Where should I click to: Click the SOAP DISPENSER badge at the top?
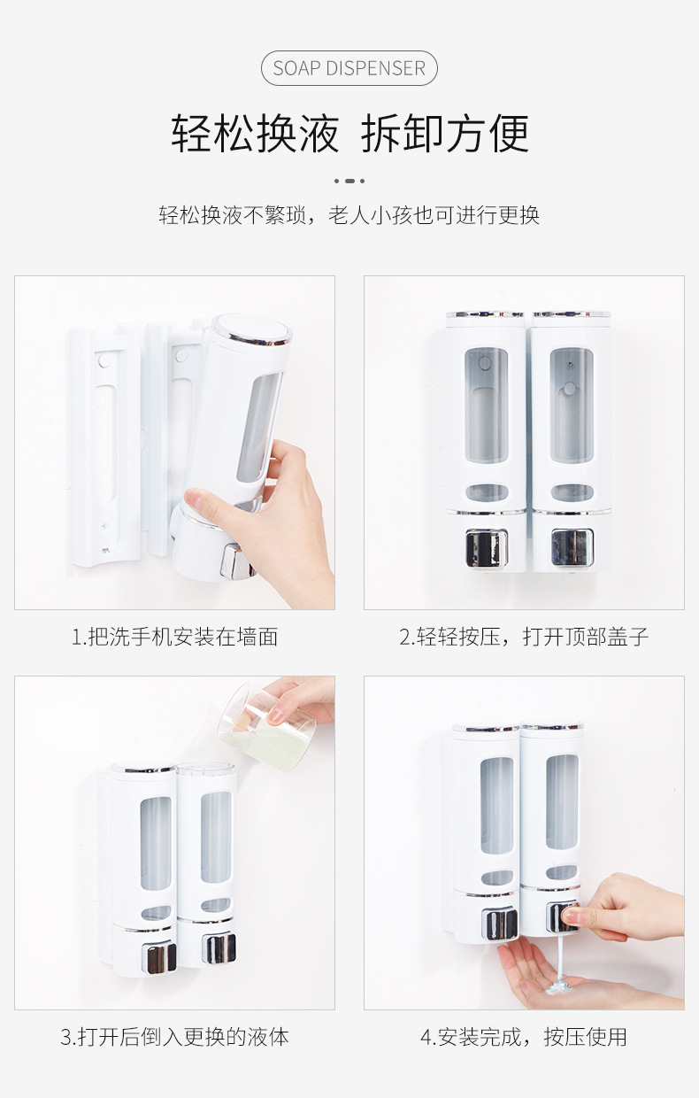pos(349,68)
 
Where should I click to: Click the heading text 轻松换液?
pos(256,135)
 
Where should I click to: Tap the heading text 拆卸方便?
pos(445,135)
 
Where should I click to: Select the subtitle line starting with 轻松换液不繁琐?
pos(349,215)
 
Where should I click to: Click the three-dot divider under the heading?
pos(349,181)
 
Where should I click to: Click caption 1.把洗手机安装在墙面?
pos(174,637)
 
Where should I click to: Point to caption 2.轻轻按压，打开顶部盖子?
pos(524,637)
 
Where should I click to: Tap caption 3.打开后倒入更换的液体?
pos(174,1037)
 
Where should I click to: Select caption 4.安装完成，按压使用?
pos(524,1037)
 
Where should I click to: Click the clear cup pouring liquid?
pos(265,722)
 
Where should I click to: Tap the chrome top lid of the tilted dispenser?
pos(251,329)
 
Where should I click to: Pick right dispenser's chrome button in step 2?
pos(571,546)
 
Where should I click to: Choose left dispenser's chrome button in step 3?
pos(160,957)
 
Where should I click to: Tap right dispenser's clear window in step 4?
pos(561,801)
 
